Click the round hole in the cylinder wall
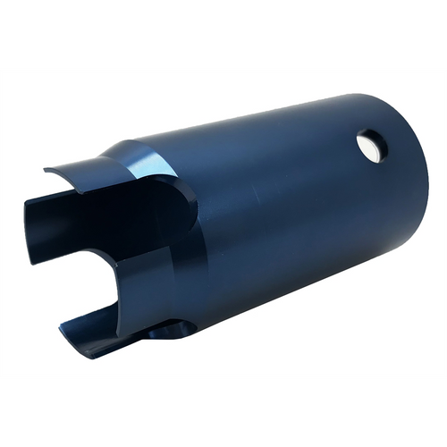pos(369,146)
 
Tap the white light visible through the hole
pos(371,148)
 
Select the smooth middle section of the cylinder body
pos(286,215)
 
